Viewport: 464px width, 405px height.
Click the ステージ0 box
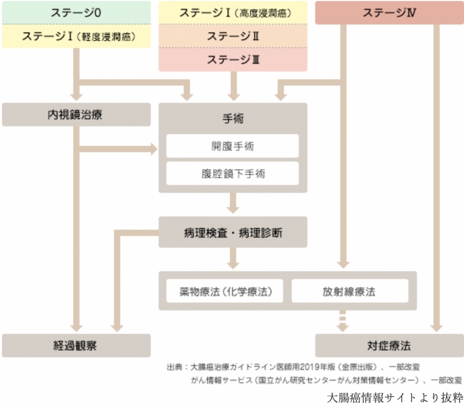click(76, 13)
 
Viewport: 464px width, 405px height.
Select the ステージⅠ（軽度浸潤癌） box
click(76, 36)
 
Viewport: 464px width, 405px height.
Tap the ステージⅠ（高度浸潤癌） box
click(233, 13)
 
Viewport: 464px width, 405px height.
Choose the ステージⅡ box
click(233, 36)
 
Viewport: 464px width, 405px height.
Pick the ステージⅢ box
click(233, 60)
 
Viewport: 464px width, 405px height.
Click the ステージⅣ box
click(389, 13)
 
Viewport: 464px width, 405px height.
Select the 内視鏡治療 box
click(76, 115)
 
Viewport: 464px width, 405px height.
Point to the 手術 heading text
click(233, 119)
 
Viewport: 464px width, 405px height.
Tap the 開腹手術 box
click(233, 146)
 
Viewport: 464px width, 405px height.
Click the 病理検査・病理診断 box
click(233, 232)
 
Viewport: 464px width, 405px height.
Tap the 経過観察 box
click(76, 346)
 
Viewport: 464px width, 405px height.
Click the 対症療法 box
click(389, 346)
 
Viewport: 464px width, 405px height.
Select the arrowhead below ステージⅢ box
click(233, 95)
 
